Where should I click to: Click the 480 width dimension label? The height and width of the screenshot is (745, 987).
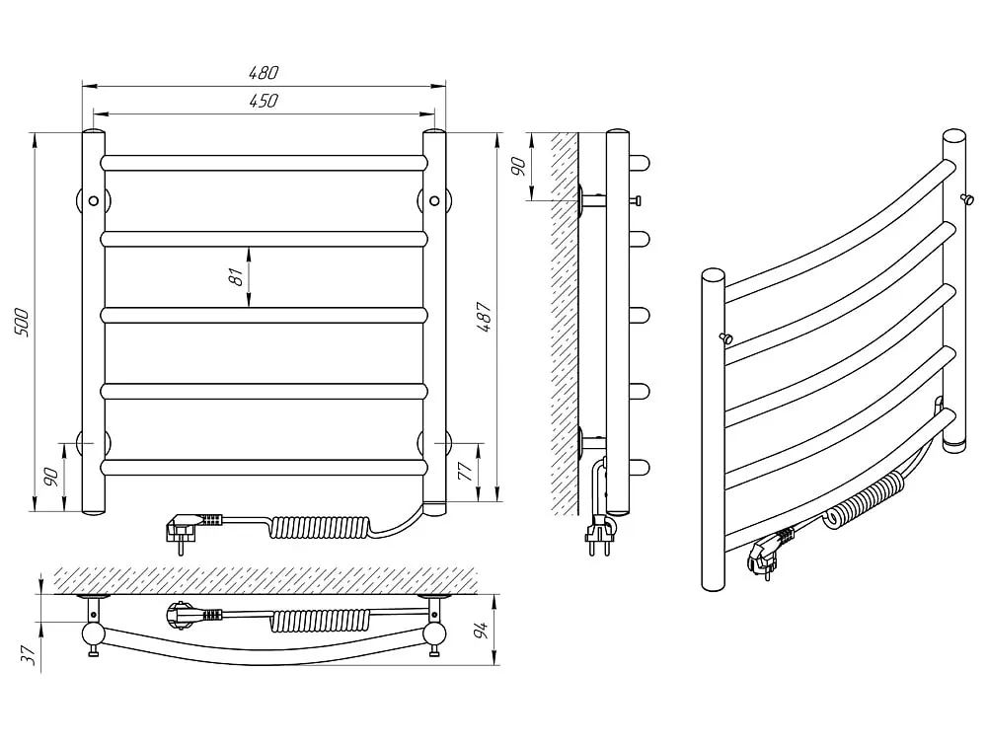[264, 72]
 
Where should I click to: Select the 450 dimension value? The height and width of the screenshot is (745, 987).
[264, 101]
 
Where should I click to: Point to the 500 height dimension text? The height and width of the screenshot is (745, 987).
[22, 322]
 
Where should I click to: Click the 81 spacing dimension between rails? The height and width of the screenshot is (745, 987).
[236, 277]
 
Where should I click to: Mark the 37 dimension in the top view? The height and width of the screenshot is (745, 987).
[29, 655]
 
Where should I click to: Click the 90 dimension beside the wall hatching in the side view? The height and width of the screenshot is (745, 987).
[518, 166]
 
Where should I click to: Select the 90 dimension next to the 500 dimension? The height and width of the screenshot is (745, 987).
[52, 477]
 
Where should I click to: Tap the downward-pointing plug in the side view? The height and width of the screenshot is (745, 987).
[599, 534]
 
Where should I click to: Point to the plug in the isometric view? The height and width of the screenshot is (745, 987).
[769, 554]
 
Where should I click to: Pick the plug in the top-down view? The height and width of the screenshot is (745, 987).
[192, 614]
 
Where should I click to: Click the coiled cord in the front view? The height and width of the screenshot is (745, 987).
[321, 527]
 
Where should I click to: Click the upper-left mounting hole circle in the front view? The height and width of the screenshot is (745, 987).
[94, 200]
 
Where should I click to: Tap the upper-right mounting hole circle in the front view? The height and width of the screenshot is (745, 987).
[434, 200]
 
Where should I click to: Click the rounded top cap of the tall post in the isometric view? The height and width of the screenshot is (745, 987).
[954, 137]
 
